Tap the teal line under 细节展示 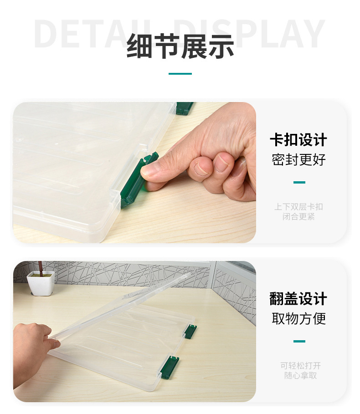pyautogui.click(x=180, y=74)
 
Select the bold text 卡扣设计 pyautogui.click(x=298, y=140)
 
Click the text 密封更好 pyautogui.click(x=298, y=160)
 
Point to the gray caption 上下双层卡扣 pyautogui.click(x=298, y=207)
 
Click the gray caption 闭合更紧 pyautogui.click(x=298, y=217)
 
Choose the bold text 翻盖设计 pyautogui.click(x=298, y=299)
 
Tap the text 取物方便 pyautogui.click(x=298, y=319)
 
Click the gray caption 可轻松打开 pyautogui.click(x=300, y=366)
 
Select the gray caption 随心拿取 pyautogui.click(x=300, y=376)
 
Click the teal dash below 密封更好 pyautogui.click(x=299, y=183)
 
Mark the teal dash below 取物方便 pyautogui.click(x=299, y=341)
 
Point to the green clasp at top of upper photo pyautogui.click(x=185, y=108)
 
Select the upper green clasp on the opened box pyautogui.click(x=190, y=331)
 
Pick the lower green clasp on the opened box pyautogui.click(x=170, y=366)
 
